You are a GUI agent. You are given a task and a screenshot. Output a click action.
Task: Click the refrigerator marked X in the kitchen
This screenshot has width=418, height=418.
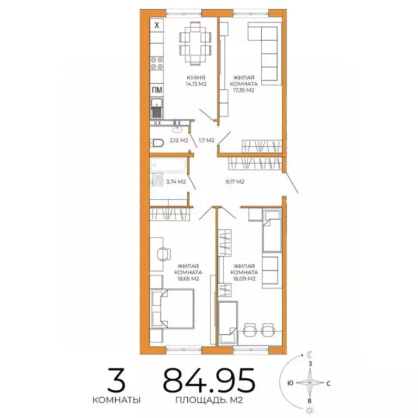pyautogui.click(x=157, y=25)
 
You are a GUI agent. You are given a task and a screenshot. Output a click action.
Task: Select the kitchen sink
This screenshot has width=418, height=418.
pyautogui.click(x=157, y=108)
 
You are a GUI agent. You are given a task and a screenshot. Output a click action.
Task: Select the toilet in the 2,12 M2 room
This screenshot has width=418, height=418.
pyautogui.click(x=156, y=143)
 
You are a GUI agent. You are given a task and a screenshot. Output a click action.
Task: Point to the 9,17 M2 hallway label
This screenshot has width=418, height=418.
pyautogui.click(x=234, y=181)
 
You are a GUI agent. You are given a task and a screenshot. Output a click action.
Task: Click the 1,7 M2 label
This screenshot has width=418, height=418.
pyautogui.click(x=206, y=140)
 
